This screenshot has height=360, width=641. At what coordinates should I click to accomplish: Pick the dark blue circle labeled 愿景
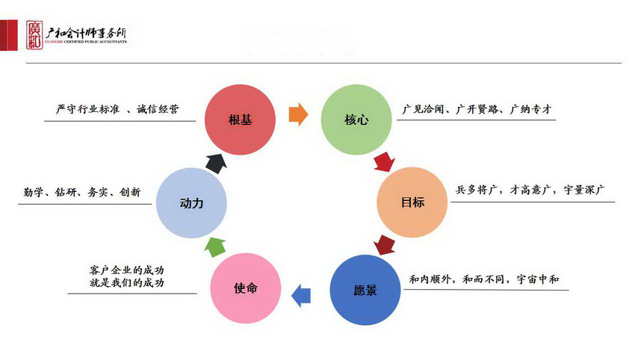click(x=365, y=290)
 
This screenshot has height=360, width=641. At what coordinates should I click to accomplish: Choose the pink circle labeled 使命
click(x=245, y=288)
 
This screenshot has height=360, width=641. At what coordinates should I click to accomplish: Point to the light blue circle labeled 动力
click(x=191, y=202)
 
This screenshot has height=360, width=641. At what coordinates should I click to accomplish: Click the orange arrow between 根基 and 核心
click(x=297, y=114)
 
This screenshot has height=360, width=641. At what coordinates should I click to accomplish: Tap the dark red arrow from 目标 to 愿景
click(x=384, y=245)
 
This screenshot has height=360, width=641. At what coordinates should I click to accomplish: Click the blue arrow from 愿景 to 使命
click(x=301, y=295)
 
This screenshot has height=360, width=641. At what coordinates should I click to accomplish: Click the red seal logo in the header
click(x=32, y=33)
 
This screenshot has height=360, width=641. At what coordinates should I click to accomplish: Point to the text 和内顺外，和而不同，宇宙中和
click(x=483, y=279)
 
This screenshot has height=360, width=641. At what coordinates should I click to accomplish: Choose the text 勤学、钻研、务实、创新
click(x=81, y=193)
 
